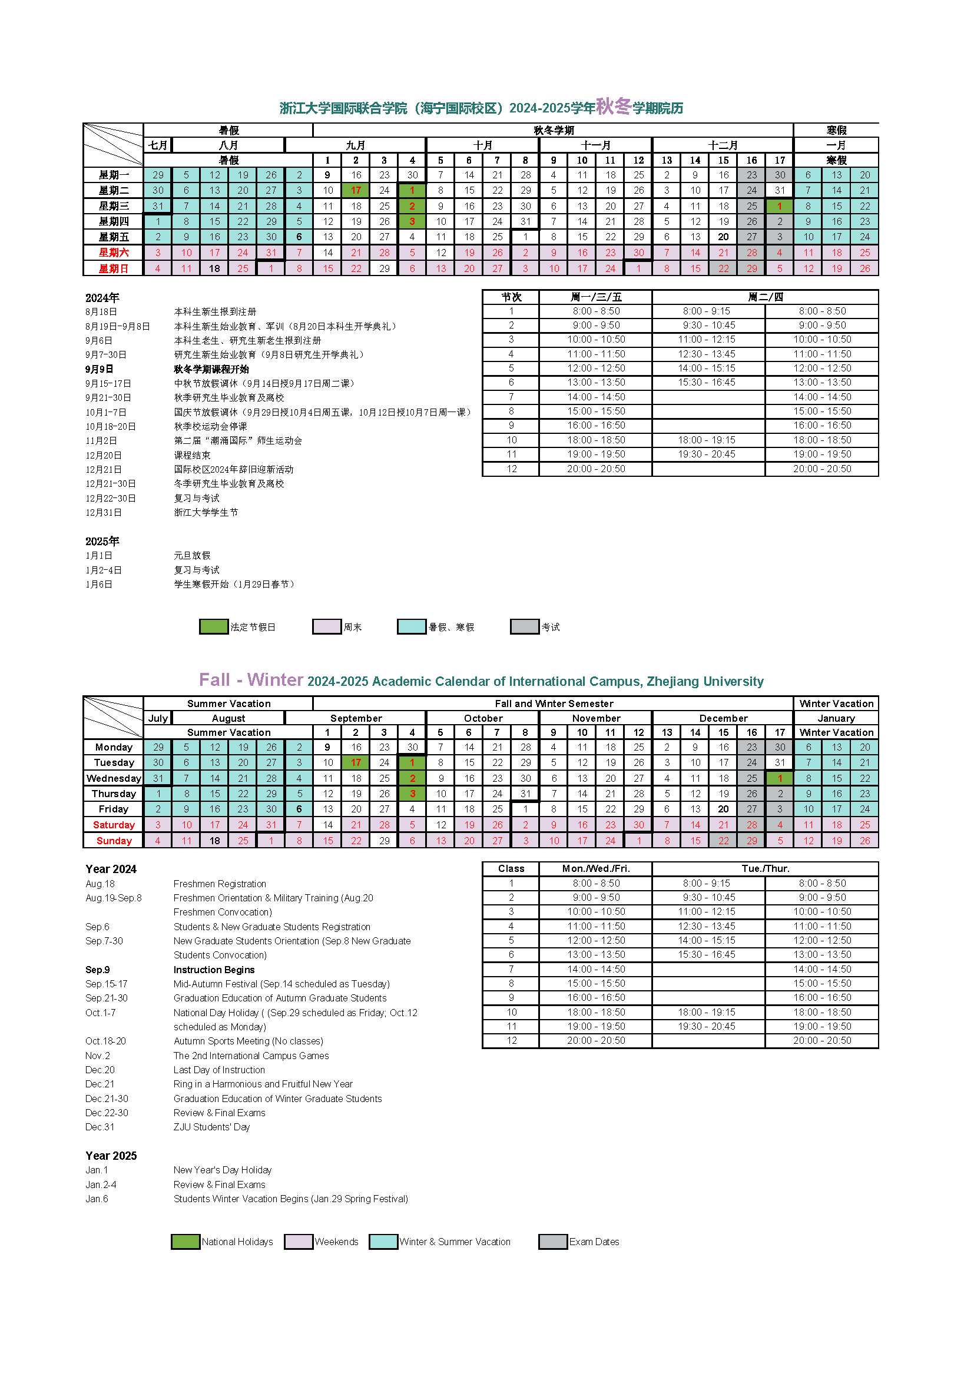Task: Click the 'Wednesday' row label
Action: (x=113, y=778)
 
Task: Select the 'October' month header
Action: (x=483, y=718)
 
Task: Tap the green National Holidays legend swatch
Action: (x=185, y=1242)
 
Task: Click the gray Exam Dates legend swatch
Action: (x=552, y=1242)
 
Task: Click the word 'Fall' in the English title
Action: (x=214, y=679)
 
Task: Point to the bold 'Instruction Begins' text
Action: (x=214, y=970)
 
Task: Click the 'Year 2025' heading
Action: (x=111, y=1156)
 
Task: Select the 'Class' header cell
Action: (x=511, y=868)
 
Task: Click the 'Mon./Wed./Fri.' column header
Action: (x=595, y=868)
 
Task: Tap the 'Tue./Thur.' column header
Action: (x=766, y=868)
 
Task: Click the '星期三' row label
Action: (x=113, y=205)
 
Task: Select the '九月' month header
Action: (x=356, y=145)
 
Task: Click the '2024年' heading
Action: (x=102, y=297)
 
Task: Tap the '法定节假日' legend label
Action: (x=253, y=627)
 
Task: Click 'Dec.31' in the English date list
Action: (x=100, y=1127)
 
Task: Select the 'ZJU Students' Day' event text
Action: (x=212, y=1127)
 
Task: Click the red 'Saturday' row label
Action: (x=113, y=825)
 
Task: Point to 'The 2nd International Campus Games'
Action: (x=251, y=1056)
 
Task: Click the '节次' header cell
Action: (x=511, y=297)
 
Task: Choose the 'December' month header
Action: (x=723, y=718)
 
